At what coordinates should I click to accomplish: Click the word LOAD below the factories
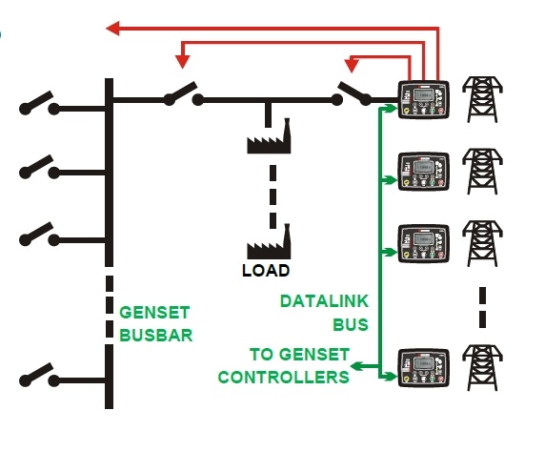click(x=266, y=270)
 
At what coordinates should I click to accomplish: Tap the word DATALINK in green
click(x=324, y=301)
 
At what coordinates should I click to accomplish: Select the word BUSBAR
click(x=155, y=336)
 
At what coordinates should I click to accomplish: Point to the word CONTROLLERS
click(x=284, y=377)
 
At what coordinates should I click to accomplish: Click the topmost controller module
click(x=423, y=100)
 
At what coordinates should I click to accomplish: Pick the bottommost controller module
click(x=423, y=368)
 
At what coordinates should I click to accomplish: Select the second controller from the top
click(x=423, y=172)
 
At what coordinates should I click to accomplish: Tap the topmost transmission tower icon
click(x=482, y=99)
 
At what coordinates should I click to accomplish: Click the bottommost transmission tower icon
click(x=482, y=368)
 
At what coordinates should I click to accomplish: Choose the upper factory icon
click(x=269, y=136)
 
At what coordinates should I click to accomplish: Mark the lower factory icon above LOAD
click(x=269, y=242)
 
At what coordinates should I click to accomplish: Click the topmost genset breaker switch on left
click(x=39, y=103)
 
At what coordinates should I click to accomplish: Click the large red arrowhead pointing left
click(x=113, y=29)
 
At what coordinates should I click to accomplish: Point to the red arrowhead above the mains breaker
click(x=352, y=66)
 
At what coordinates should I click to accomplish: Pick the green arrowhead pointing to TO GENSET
click(x=356, y=366)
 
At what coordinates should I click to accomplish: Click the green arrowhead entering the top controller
click(x=392, y=108)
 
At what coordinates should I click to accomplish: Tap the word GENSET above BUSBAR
click(x=154, y=313)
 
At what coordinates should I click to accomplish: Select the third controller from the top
click(x=423, y=243)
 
